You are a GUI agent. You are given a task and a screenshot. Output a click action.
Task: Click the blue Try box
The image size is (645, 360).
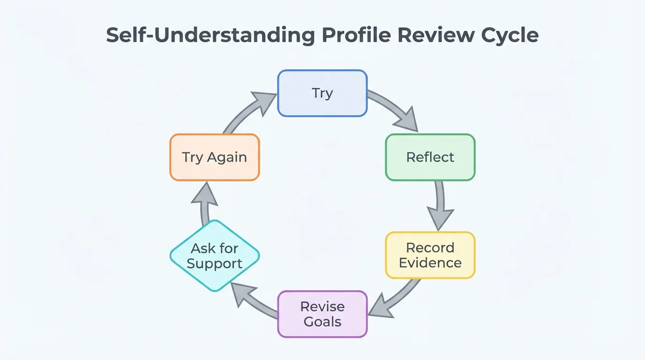coord(322,93)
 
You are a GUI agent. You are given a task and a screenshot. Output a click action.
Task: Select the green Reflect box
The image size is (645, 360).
coord(430,157)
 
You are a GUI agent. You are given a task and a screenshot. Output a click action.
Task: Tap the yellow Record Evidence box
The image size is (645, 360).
coord(430,255)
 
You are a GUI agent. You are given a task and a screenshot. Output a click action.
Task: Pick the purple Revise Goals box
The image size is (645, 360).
coord(322,314)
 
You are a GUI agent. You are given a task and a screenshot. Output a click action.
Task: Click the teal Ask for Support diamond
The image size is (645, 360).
coord(214,256)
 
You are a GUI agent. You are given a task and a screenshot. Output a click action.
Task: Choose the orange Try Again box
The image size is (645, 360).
coord(214,157)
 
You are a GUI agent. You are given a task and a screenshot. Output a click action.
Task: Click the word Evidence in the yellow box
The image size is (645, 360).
coord(430,263)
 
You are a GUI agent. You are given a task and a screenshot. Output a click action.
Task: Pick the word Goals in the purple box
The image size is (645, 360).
coord(322,322)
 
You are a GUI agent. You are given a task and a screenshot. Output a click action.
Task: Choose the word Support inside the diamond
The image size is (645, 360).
coord(214,263)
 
